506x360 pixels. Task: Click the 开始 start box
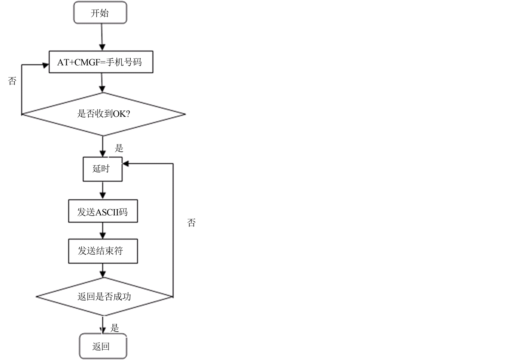tap(100, 13)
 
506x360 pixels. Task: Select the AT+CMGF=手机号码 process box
tap(101, 62)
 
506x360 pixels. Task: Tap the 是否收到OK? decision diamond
tap(103, 114)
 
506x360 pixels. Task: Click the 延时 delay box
tap(103, 169)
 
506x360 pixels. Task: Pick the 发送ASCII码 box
tap(103, 211)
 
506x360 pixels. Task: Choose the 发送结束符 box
tap(103, 251)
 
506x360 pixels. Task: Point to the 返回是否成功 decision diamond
tap(104, 297)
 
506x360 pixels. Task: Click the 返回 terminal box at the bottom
tap(103, 347)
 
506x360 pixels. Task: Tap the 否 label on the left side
tap(12, 81)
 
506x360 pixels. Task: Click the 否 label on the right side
tap(191, 223)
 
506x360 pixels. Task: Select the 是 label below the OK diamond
tap(119, 148)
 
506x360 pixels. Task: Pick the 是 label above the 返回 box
tap(114, 328)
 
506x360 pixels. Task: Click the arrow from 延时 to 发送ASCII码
tap(103, 191)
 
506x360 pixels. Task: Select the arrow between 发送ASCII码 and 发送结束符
tap(103, 231)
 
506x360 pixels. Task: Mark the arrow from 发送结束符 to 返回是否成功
tap(103, 271)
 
